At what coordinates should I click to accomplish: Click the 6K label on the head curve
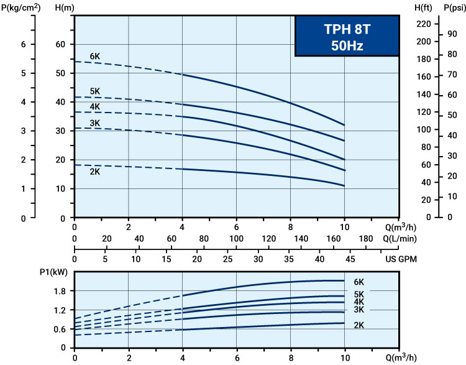[x=94, y=57]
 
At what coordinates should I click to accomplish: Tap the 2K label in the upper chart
[x=94, y=172]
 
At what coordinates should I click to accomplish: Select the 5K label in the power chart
[x=359, y=294]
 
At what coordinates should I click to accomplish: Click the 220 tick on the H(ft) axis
[x=424, y=24]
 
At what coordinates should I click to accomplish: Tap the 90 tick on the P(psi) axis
[x=452, y=34]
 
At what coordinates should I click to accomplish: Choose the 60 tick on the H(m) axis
[x=60, y=45]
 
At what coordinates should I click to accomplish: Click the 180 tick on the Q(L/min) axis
[x=367, y=239]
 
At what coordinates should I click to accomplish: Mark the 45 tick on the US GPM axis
[x=349, y=260]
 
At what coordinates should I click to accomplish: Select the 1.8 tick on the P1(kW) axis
[x=59, y=291]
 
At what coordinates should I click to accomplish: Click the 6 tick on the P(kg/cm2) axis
[x=24, y=45]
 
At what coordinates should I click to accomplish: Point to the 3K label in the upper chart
[x=94, y=123]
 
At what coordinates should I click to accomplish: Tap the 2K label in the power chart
[x=359, y=324]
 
